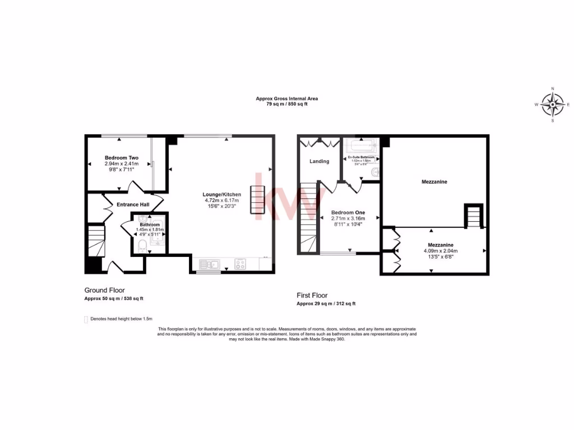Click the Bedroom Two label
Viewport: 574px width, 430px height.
point(121,158)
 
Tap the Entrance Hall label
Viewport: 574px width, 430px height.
point(133,204)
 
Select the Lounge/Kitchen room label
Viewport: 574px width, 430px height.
point(222,195)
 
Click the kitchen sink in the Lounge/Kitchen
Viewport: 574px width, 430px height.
point(208,263)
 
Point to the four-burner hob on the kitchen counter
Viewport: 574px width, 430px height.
point(240,264)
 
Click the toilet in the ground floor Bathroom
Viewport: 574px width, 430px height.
point(141,245)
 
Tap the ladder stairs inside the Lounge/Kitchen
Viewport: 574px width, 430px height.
point(258,200)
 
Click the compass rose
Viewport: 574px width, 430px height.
point(553,104)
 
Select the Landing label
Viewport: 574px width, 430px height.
point(320,162)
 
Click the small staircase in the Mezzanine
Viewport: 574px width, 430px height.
point(474,217)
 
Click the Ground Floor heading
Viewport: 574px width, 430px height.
point(104,290)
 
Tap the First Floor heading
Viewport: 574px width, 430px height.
point(312,295)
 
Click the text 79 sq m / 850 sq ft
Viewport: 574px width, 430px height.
point(286,104)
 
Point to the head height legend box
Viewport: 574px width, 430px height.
point(86,320)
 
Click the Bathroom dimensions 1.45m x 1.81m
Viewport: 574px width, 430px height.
point(150,230)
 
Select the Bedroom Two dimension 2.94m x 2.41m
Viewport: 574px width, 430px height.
point(121,164)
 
